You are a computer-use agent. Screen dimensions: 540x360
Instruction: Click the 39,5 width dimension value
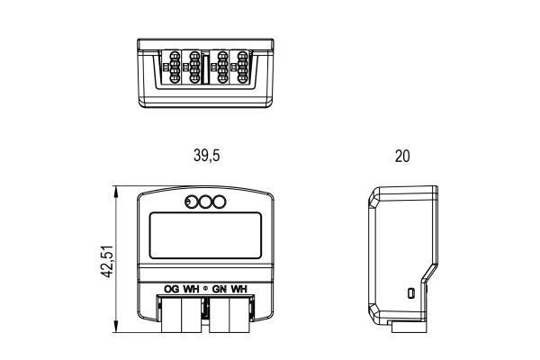pos(207,156)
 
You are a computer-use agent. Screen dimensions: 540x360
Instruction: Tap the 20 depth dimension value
pos(402,156)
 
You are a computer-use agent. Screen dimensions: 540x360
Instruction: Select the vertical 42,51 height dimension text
pos(107,262)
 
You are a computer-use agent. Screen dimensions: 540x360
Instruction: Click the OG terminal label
pos(172,289)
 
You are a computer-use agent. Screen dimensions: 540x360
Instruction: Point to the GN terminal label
pos(219,289)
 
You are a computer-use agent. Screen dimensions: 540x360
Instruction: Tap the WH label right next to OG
pos(191,289)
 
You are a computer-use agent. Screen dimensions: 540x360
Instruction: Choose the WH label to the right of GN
pos(239,289)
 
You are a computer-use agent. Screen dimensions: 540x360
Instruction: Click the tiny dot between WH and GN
pos(205,289)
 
